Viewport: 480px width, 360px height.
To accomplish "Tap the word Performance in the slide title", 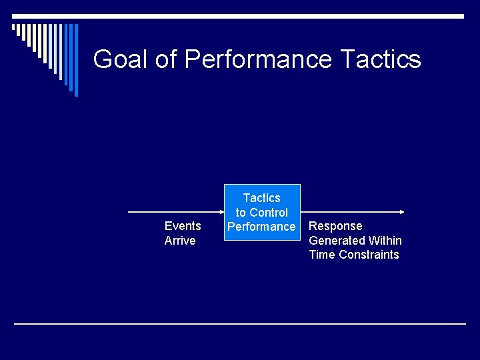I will [258, 59].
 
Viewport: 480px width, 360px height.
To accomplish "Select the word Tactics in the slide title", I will [380, 59].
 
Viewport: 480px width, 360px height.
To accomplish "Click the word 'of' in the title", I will [167, 59].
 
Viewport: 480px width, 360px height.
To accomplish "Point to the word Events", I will [183, 226].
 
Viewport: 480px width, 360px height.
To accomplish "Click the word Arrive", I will [180, 241].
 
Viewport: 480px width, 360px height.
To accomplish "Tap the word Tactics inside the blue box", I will [262, 198].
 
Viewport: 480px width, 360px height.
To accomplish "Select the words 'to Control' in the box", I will [262, 213].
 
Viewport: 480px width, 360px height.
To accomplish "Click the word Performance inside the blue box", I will [261, 227].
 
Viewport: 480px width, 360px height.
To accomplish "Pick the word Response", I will [336, 226].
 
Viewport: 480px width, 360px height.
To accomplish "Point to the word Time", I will [322, 255].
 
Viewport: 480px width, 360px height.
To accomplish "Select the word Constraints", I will [369, 255].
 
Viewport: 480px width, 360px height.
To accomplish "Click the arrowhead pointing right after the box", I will [401, 212].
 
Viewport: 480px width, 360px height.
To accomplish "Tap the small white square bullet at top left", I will [15, 27].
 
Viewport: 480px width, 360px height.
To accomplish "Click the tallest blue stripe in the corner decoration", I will [75, 60].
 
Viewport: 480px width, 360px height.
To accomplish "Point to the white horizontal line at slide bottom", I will [240, 324].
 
